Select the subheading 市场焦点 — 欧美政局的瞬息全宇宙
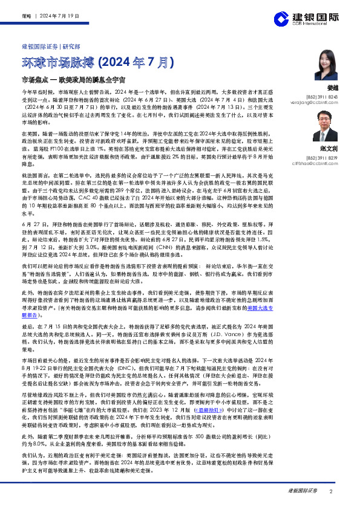73,79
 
